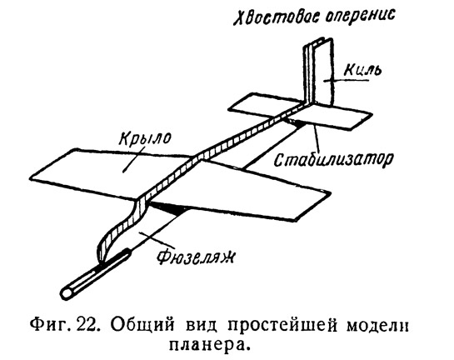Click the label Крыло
(x=145, y=138)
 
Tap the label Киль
(x=362, y=69)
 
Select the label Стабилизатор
(x=333, y=158)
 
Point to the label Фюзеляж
(x=196, y=257)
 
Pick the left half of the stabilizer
(x=262, y=107)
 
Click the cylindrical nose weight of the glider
(x=96, y=275)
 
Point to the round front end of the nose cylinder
(x=67, y=293)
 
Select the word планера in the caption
(x=207, y=345)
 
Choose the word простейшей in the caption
(x=282, y=327)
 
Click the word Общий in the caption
(x=142, y=326)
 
